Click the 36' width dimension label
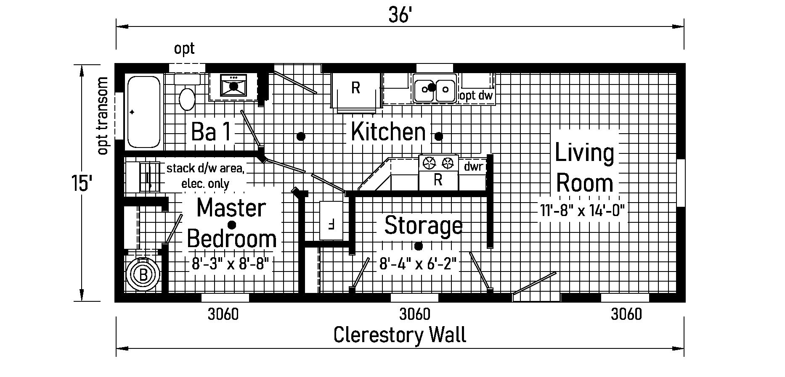click(399, 16)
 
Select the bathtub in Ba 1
click(143, 111)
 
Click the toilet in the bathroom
click(187, 95)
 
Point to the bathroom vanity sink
click(233, 86)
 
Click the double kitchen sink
click(435, 88)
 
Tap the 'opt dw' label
click(477, 96)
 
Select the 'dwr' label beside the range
click(473, 167)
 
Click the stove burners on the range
click(438, 163)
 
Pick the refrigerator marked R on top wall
click(356, 88)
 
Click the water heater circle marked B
click(143, 275)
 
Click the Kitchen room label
click(388, 132)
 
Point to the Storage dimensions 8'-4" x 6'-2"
click(418, 264)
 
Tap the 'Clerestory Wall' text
click(400, 335)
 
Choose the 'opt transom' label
click(102, 116)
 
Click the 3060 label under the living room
click(626, 314)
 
